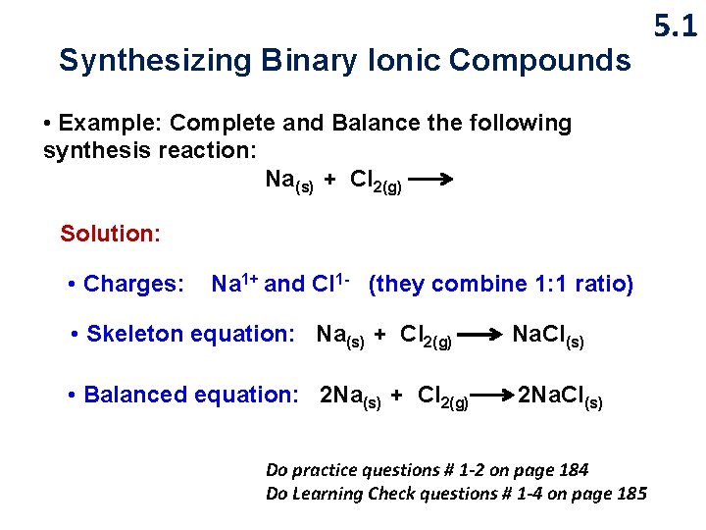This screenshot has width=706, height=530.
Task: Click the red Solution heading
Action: (110, 234)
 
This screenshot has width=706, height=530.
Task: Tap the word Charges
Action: (133, 285)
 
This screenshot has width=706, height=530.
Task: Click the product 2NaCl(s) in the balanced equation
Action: (560, 397)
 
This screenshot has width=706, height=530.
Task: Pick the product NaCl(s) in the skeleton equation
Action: (548, 336)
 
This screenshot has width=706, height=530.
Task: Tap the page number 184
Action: (571, 470)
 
